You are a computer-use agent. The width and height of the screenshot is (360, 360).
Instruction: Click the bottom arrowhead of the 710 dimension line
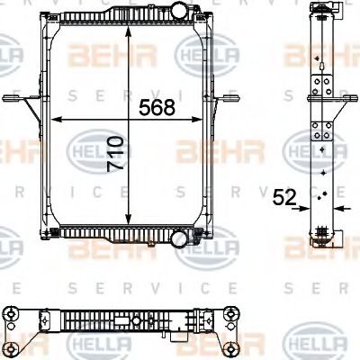pos(130,224)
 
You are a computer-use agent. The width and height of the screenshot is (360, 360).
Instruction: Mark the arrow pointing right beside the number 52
pos(305,208)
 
